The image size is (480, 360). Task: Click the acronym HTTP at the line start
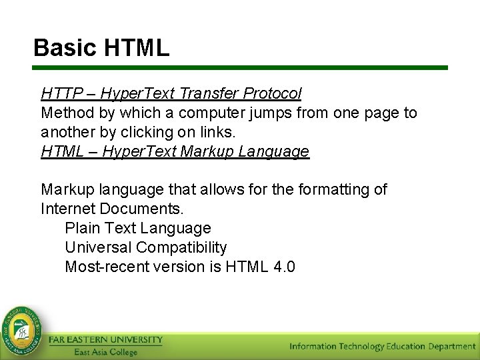click(x=59, y=93)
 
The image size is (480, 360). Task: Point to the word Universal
click(x=98, y=248)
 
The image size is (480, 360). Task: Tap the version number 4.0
click(x=285, y=267)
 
